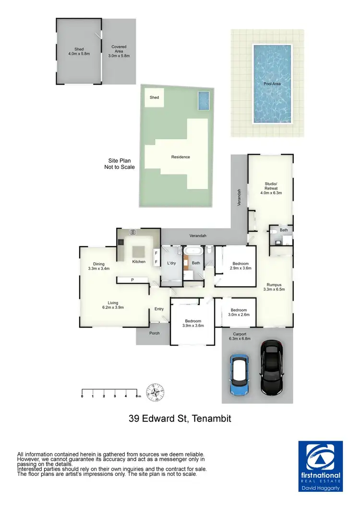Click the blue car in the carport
pos(240,375)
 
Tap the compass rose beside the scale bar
pos(156,392)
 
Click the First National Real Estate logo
pos(320,466)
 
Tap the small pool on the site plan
pos(204,101)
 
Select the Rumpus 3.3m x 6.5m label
pos(275,287)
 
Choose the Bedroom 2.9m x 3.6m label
pos(240,266)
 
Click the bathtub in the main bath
pos(195,250)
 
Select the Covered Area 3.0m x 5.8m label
pos(119,51)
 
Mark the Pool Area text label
pos(272,83)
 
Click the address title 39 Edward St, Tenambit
pos(180,419)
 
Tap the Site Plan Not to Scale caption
pos(120,164)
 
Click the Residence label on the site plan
pos(180,157)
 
